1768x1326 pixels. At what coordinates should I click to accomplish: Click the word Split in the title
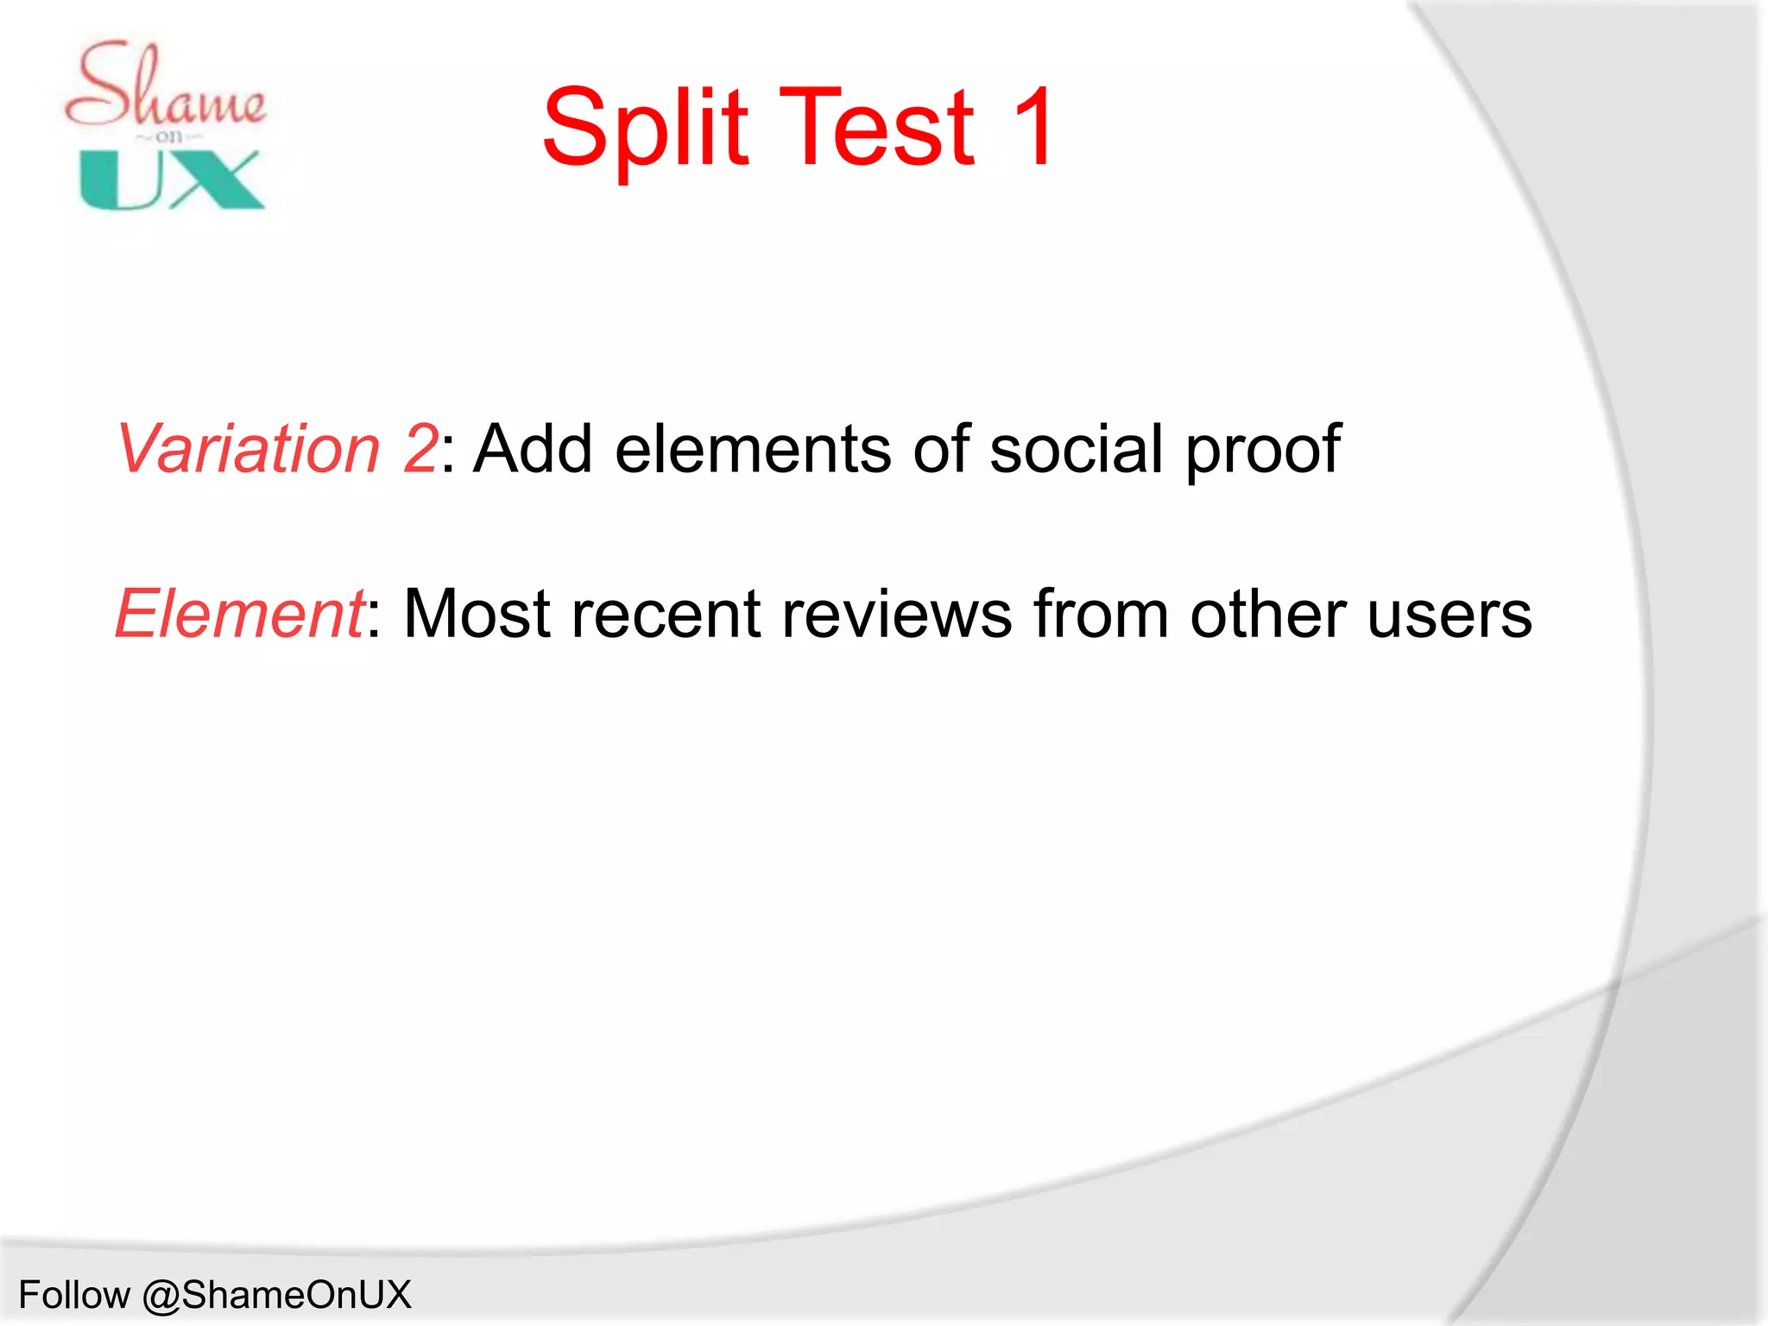point(645,129)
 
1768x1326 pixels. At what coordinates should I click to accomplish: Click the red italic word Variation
point(248,449)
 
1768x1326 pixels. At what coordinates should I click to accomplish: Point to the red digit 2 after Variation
point(420,449)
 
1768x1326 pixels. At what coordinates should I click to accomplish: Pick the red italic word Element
point(239,614)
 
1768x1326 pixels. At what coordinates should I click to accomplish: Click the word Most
point(477,614)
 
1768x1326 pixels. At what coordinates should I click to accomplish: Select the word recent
point(665,614)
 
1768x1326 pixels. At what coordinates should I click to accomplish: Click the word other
point(1267,614)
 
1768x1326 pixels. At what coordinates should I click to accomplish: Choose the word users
point(1449,614)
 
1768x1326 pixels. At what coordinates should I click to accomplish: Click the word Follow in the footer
point(74,1295)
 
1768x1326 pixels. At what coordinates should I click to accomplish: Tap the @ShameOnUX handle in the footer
point(276,1295)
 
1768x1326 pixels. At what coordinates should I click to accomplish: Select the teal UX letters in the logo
point(171,180)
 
